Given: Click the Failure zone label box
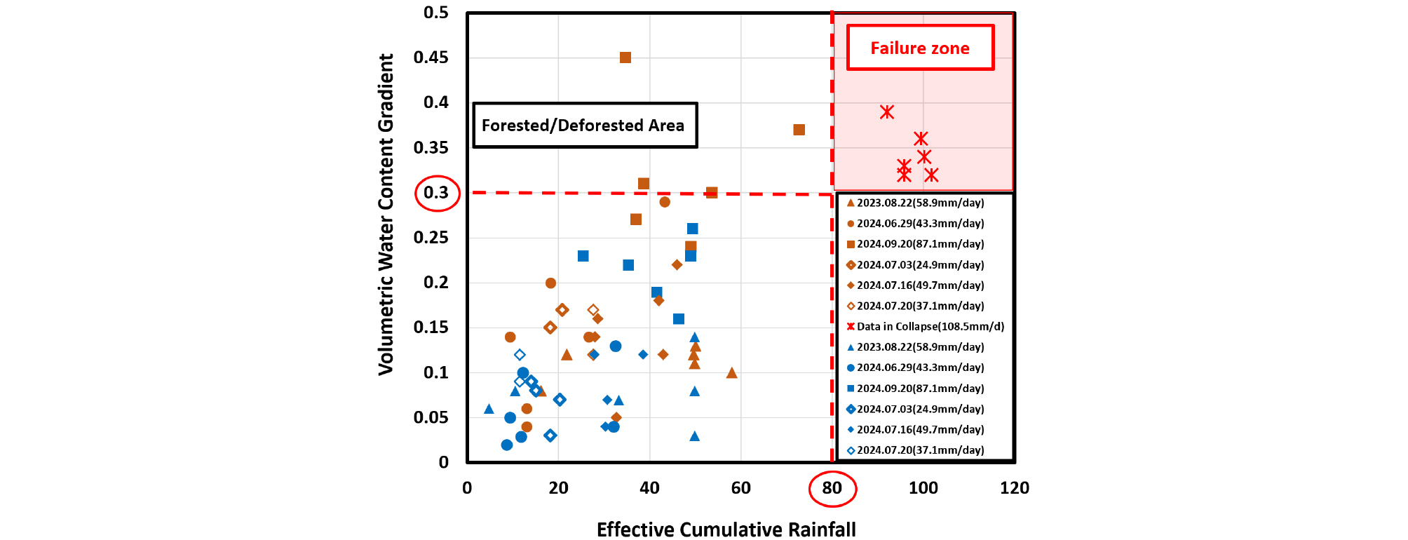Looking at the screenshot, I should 920,48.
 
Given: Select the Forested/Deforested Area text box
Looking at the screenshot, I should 584,126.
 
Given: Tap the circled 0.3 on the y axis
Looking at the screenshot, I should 437,193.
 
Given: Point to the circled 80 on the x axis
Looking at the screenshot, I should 832,488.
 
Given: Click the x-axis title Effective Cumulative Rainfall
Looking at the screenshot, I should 726,529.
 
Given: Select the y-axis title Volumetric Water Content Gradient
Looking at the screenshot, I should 386,214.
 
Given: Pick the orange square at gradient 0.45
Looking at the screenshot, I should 625,58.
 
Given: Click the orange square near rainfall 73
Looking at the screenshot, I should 799,130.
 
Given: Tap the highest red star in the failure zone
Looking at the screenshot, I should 887,112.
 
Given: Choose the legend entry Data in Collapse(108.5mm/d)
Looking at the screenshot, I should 926,326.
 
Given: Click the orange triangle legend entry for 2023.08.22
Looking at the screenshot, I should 920,203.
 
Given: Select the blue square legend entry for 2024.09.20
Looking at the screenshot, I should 920,389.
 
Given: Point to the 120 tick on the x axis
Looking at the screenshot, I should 1014,488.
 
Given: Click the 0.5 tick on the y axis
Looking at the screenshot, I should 435,13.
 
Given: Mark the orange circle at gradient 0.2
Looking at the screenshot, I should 550,283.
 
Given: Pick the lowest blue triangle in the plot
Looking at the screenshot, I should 694,436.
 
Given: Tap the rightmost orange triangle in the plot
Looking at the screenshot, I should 731,373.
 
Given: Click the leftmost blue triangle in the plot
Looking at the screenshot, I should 489,409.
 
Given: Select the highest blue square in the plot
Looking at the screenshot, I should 692,229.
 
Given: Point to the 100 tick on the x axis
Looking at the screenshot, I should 923,488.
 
